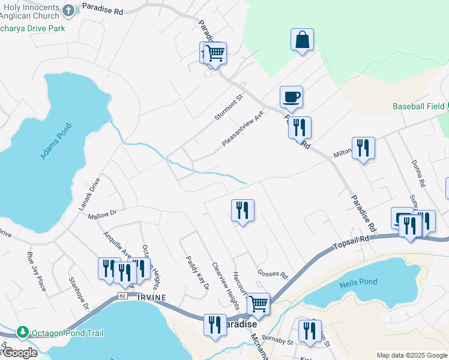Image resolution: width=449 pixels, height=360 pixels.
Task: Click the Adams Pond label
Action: tap(56, 142)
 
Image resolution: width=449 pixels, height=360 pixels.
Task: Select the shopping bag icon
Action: tap(303, 40)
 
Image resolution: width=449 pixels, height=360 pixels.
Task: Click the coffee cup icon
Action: tap(291, 96)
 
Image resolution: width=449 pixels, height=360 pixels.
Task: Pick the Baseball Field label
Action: tap(418, 106)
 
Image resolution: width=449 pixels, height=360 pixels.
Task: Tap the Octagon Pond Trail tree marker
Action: tap(23, 332)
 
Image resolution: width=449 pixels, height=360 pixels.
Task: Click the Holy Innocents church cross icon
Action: tap(68, 10)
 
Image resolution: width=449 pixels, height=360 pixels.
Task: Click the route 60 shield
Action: tap(122, 296)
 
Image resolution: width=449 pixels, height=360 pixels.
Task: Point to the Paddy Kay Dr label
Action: tap(197, 273)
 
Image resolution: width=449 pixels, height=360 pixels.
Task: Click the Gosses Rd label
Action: tap(273, 274)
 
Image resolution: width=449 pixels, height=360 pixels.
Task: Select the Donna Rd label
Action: tap(418, 173)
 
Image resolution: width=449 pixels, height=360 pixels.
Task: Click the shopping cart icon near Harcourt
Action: tap(259, 304)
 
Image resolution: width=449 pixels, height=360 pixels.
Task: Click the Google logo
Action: tap(19, 353)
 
